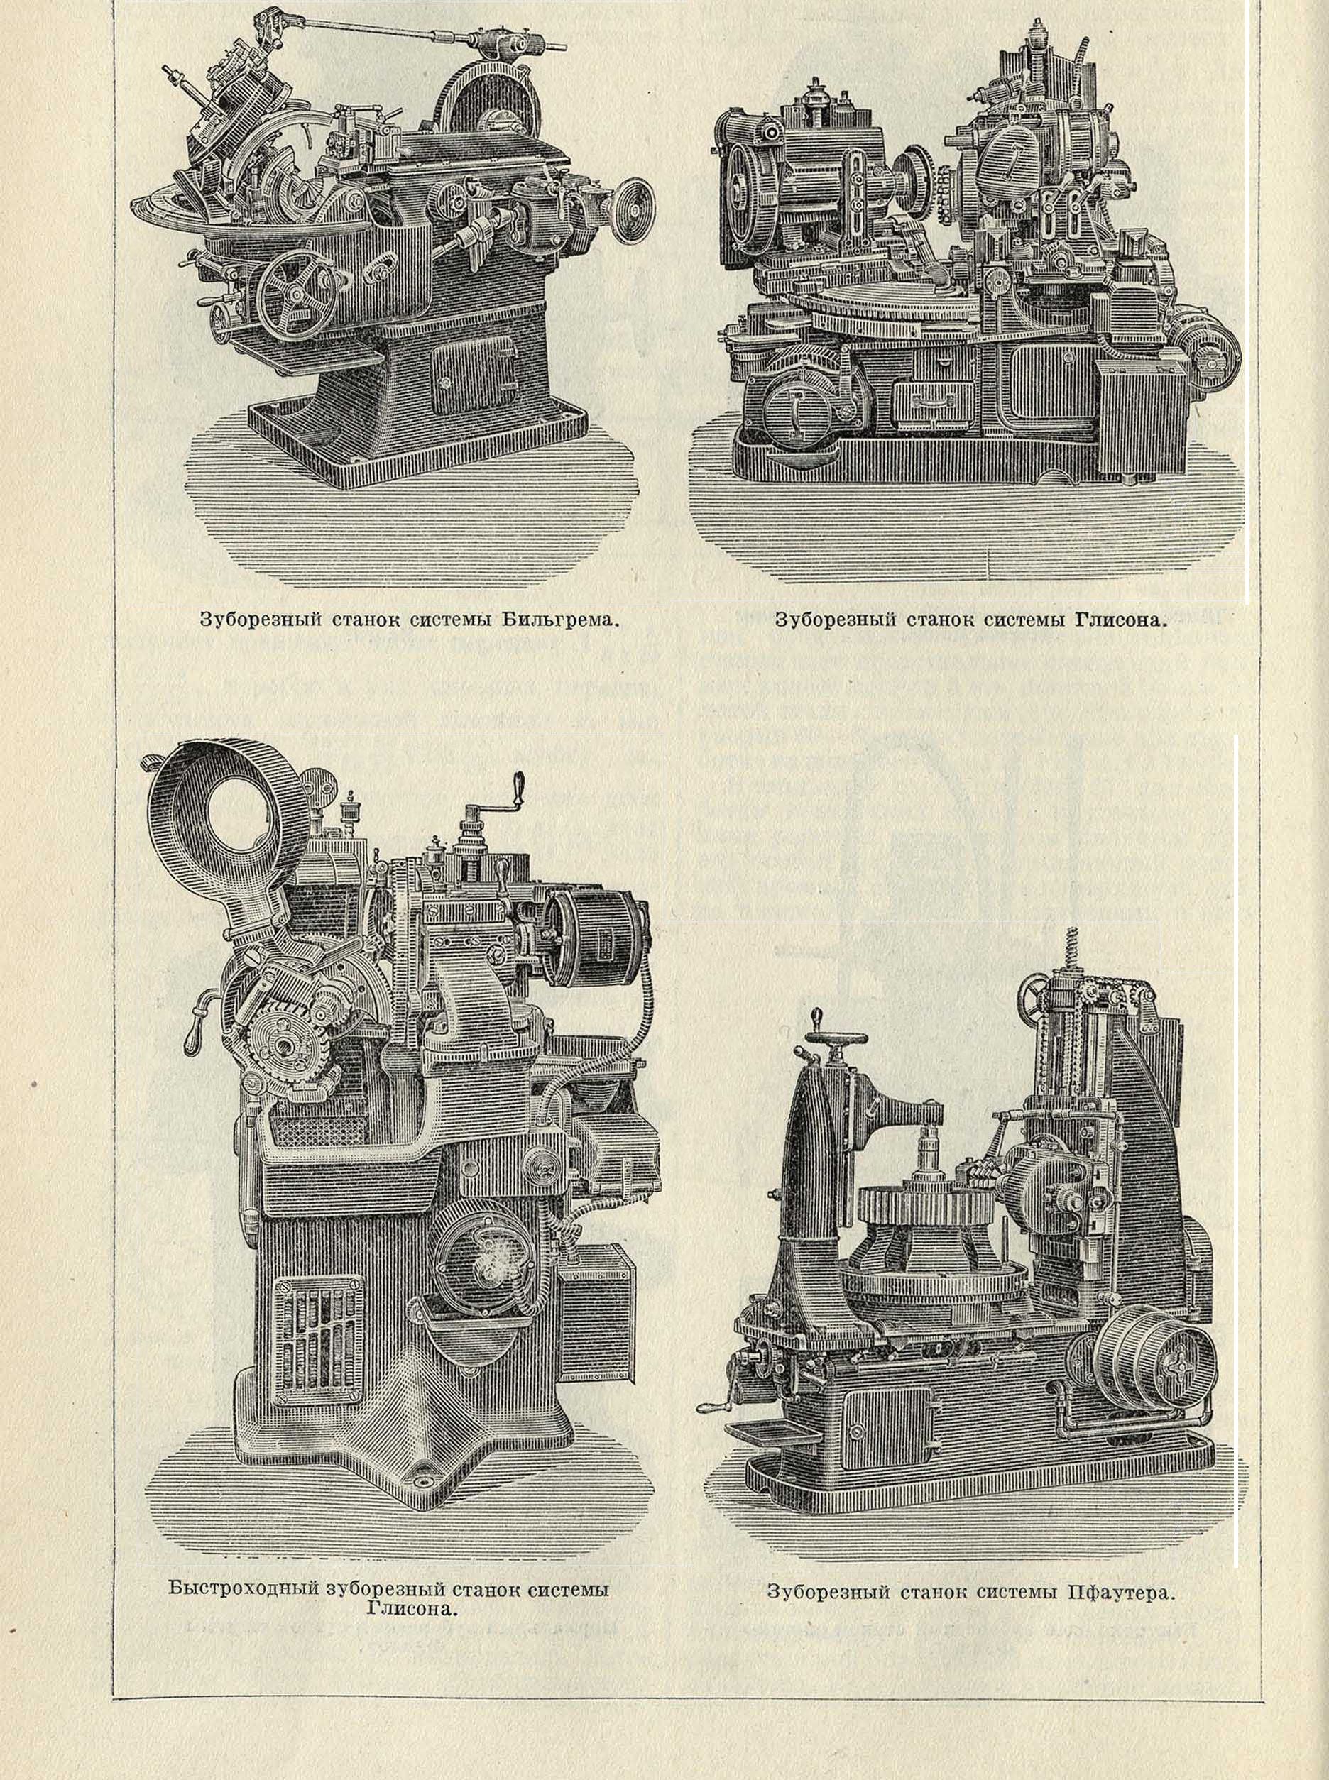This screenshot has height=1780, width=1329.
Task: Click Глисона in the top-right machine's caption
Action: [x=1119, y=620]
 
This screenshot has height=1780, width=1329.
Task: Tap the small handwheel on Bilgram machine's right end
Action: [x=635, y=210]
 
